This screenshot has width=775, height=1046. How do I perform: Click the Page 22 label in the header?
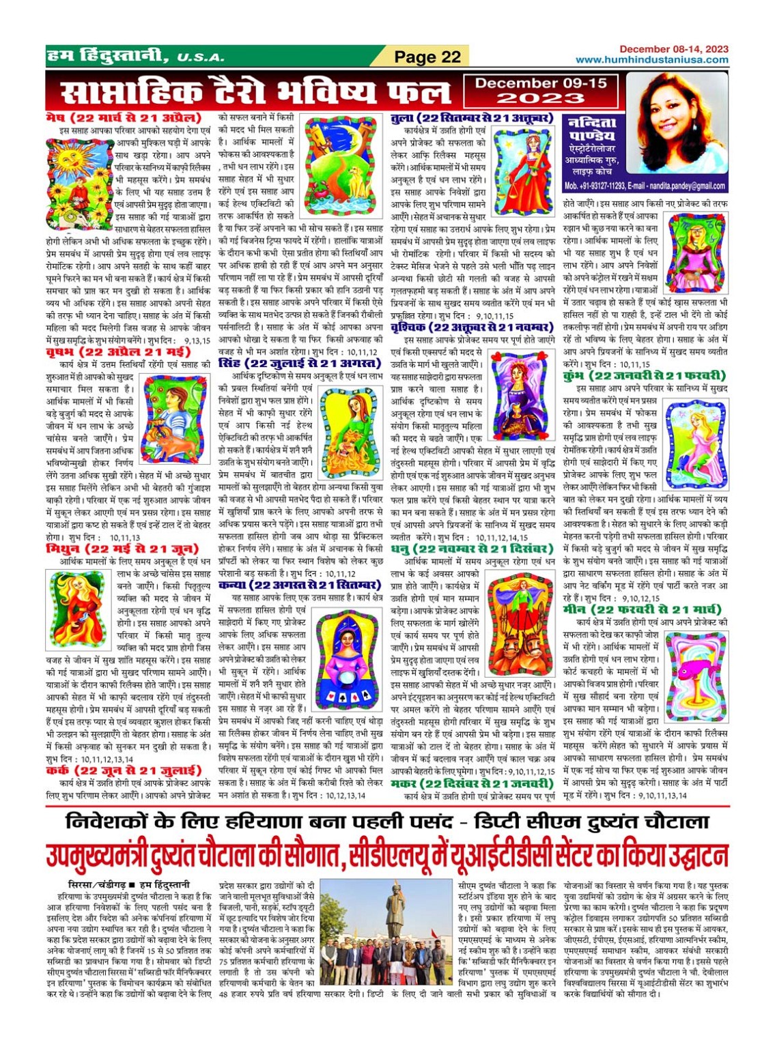(428, 57)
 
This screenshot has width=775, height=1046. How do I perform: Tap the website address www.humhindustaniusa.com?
(651, 60)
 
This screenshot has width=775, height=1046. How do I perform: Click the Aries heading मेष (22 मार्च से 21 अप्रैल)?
(124, 118)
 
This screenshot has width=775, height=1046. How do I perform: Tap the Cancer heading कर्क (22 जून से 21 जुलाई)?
(123, 770)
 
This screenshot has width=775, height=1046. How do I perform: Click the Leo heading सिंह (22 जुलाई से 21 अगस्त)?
(299, 363)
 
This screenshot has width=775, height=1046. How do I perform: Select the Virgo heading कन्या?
(299, 585)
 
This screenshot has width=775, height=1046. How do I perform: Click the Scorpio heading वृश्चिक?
(471, 328)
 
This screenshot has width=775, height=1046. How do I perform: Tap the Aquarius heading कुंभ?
(644, 376)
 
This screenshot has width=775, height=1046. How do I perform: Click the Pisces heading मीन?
(642, 609)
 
